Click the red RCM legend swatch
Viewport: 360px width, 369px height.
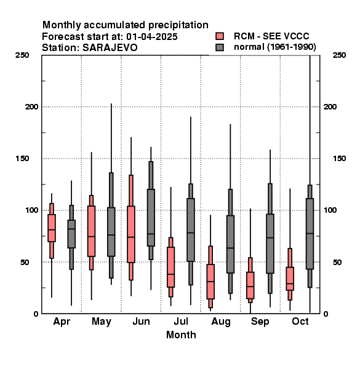pyautogui.click(x=220, y=36)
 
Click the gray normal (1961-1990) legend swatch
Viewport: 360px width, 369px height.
pyautogui.click(x=220, y=47)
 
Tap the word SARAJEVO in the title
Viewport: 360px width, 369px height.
pyautogui.click(x=110, y=48)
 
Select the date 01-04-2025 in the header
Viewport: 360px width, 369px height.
pyautogui.click(x=152, y=37)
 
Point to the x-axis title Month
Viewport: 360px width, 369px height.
pyautogui.click(x=181, y=335)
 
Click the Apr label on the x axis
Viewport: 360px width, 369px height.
pyautogui.click(x=62, y=322)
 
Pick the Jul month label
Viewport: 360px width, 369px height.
pyautogui.click(x=181, y=321)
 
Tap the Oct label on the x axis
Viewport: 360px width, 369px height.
pyautogui.click(x=300, y=321)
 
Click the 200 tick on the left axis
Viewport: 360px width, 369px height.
pyautogui.click(x=31, y=107)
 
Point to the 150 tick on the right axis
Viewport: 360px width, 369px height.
pyautogui.click(x=339, y=159)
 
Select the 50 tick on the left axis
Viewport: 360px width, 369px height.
pyautogui.click(x=25, y=262)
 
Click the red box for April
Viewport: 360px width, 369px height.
pyautogui.click(x=52, y=228)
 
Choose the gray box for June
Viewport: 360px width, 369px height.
pyautogui.click(x=151, y=218)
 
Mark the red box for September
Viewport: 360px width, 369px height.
pyautogui.click(x=250, y=285)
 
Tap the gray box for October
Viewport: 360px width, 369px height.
pyautogui.click(x=310, y=234)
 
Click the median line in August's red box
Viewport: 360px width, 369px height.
pyautogui.click(x=210, y=281)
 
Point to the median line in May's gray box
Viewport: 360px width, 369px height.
pyautogui.click(x=111, y=235)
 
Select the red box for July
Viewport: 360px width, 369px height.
pyautogui.click(x=170, y=267)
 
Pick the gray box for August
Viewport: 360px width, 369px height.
pyautogui.click(x=230, y=244)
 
